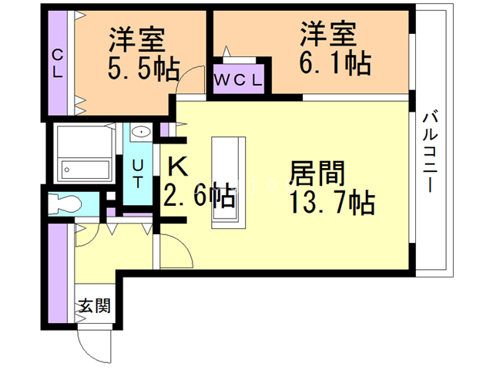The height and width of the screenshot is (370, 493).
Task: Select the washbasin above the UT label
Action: click(140, 132)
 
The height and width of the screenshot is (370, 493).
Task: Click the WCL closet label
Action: click(238, 80)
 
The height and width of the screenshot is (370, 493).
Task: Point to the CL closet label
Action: click(57, 64)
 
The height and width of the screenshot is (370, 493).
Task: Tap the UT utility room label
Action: click(138, 173)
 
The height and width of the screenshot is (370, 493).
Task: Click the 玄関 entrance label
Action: click(94, 305)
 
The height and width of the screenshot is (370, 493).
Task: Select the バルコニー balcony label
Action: click(430, 152)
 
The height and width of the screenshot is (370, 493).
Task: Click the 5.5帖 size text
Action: click(143, 69)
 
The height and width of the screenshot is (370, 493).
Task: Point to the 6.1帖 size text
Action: click(335, 64)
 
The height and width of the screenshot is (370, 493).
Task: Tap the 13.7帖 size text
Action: click(332, 203)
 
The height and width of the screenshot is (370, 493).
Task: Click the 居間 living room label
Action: click(317, 173)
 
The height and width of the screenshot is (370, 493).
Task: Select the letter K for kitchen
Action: click(178, 167)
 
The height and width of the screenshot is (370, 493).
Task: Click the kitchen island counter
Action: click(228, 182)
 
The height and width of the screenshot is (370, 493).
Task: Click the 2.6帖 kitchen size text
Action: click(200, 195)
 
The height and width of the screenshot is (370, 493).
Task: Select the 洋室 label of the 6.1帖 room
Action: click(328, 33)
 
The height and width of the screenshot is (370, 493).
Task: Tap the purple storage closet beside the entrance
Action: click(58, 273)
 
